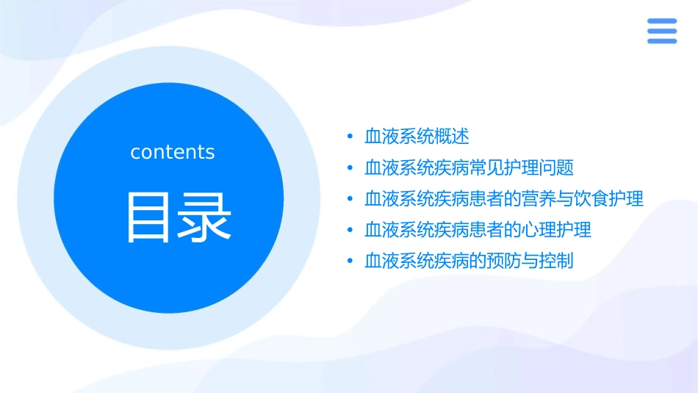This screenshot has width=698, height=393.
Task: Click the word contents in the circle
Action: click(172, 152)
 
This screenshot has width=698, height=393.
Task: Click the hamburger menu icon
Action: click(662, 31)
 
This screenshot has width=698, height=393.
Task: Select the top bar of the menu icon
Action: click(662, 21)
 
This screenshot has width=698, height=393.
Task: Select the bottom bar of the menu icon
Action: click(662, 41)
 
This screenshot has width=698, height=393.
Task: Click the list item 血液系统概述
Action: click(417, 137)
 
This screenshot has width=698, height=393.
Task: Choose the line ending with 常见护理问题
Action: click(469, 167)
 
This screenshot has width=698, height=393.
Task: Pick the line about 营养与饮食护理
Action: click(504, 199)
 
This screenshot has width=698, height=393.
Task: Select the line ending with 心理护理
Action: click(478, 230)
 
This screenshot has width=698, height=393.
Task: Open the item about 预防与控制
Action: click(469, 261)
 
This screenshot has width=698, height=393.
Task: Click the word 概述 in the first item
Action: click(452, 137)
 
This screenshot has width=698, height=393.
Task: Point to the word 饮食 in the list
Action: click(591, 199)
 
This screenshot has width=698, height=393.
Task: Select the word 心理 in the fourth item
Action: click(539, 230)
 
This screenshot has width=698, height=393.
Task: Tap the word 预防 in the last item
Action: click(504, 261)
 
